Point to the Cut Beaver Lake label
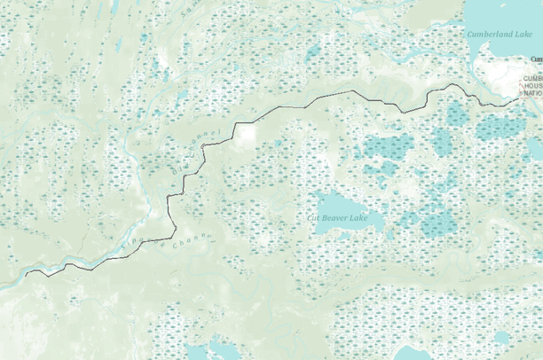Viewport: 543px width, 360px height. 336,216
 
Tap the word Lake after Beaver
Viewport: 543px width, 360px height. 358,216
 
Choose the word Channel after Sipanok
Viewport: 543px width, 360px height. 190,238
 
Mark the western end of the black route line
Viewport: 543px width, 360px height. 26,275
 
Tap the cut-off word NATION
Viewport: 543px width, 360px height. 532,92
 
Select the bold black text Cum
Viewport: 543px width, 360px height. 536,59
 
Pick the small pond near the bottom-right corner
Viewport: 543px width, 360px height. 502,338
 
